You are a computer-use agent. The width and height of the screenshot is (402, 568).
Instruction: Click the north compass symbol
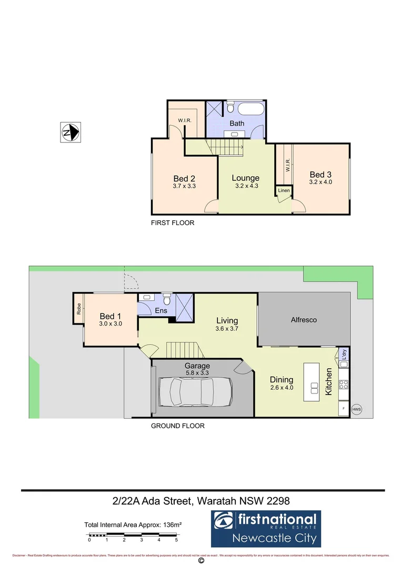[70, 132]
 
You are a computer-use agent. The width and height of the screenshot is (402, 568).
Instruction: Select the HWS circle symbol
[356, 409]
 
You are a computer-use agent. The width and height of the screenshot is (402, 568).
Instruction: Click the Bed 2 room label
[184, 178]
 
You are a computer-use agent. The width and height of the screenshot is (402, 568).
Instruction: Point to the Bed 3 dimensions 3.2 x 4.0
[320, 182]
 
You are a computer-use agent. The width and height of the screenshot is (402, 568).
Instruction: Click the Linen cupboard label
[284, 190]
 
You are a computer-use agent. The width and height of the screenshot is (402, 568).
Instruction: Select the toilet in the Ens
[167, 299]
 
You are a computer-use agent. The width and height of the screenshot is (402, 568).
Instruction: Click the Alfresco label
[304, 320]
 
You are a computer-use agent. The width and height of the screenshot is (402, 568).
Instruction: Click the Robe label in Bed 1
[78, 309]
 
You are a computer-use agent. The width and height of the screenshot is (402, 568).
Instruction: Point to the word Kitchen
[328, 382]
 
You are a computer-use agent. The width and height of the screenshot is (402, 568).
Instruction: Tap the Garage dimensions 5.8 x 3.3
[197, 373]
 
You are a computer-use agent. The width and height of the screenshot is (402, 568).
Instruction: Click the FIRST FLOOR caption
[173, 223]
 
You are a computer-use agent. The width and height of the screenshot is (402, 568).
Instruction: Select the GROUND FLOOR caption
[177, 426]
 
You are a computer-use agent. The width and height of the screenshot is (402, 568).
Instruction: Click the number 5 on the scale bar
[176, 540]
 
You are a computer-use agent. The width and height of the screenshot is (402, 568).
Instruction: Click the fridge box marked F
[344, 409]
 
